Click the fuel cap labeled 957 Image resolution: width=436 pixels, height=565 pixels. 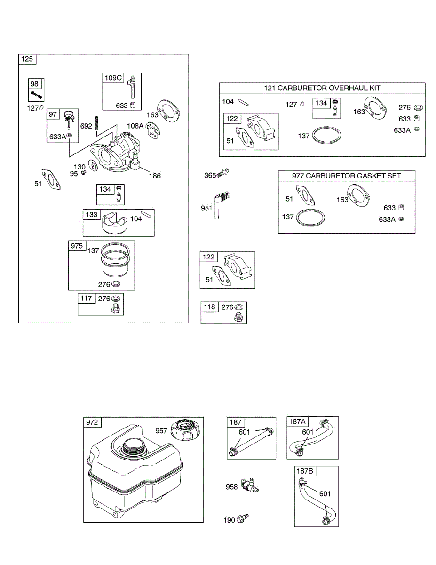point(186,428)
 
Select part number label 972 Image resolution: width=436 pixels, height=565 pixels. point(92,422)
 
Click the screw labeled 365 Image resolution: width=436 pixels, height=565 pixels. point(223,174)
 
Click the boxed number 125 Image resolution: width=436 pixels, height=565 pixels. point(27,59)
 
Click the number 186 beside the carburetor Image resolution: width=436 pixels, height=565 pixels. point(154,176)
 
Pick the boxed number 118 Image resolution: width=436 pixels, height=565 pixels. point(209,307)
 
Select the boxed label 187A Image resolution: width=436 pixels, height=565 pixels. point(297,422)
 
